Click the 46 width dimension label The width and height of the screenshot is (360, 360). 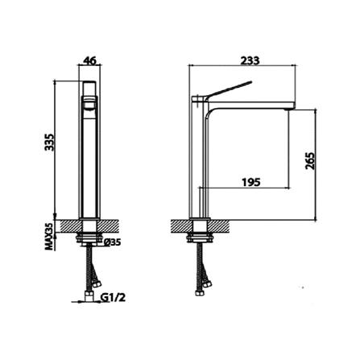pyautogui.click(x=89, y=60)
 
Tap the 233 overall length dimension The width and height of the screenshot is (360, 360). pyautogui.click(x=250, y=60)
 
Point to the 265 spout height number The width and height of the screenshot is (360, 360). pyautogui.click(x=309, y=161)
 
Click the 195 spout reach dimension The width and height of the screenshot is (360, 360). pyautogui.click(x=251, y=182)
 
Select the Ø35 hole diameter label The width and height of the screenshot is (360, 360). pyautogui.click(x=112, y=242)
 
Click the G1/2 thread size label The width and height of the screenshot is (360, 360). pyautogui.click(x=113, y=297)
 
